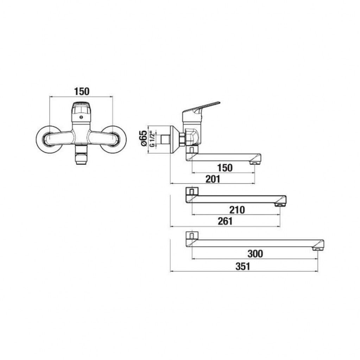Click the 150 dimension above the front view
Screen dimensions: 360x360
pos(82,91)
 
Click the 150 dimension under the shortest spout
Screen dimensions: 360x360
pos(225,168)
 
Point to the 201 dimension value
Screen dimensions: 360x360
pos(213,179)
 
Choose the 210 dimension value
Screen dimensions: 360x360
pos(237,210)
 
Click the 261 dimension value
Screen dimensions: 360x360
pos(225,221)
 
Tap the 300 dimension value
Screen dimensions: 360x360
pos(255,253)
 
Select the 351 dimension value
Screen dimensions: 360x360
pos(243,266)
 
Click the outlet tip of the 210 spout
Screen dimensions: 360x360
pos(280,205)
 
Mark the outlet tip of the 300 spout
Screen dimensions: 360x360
pos(318,249)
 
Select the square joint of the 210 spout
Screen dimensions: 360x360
pos(192,192)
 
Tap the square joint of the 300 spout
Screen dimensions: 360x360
pos(192,235)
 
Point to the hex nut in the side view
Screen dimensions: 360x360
pos(182,139)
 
